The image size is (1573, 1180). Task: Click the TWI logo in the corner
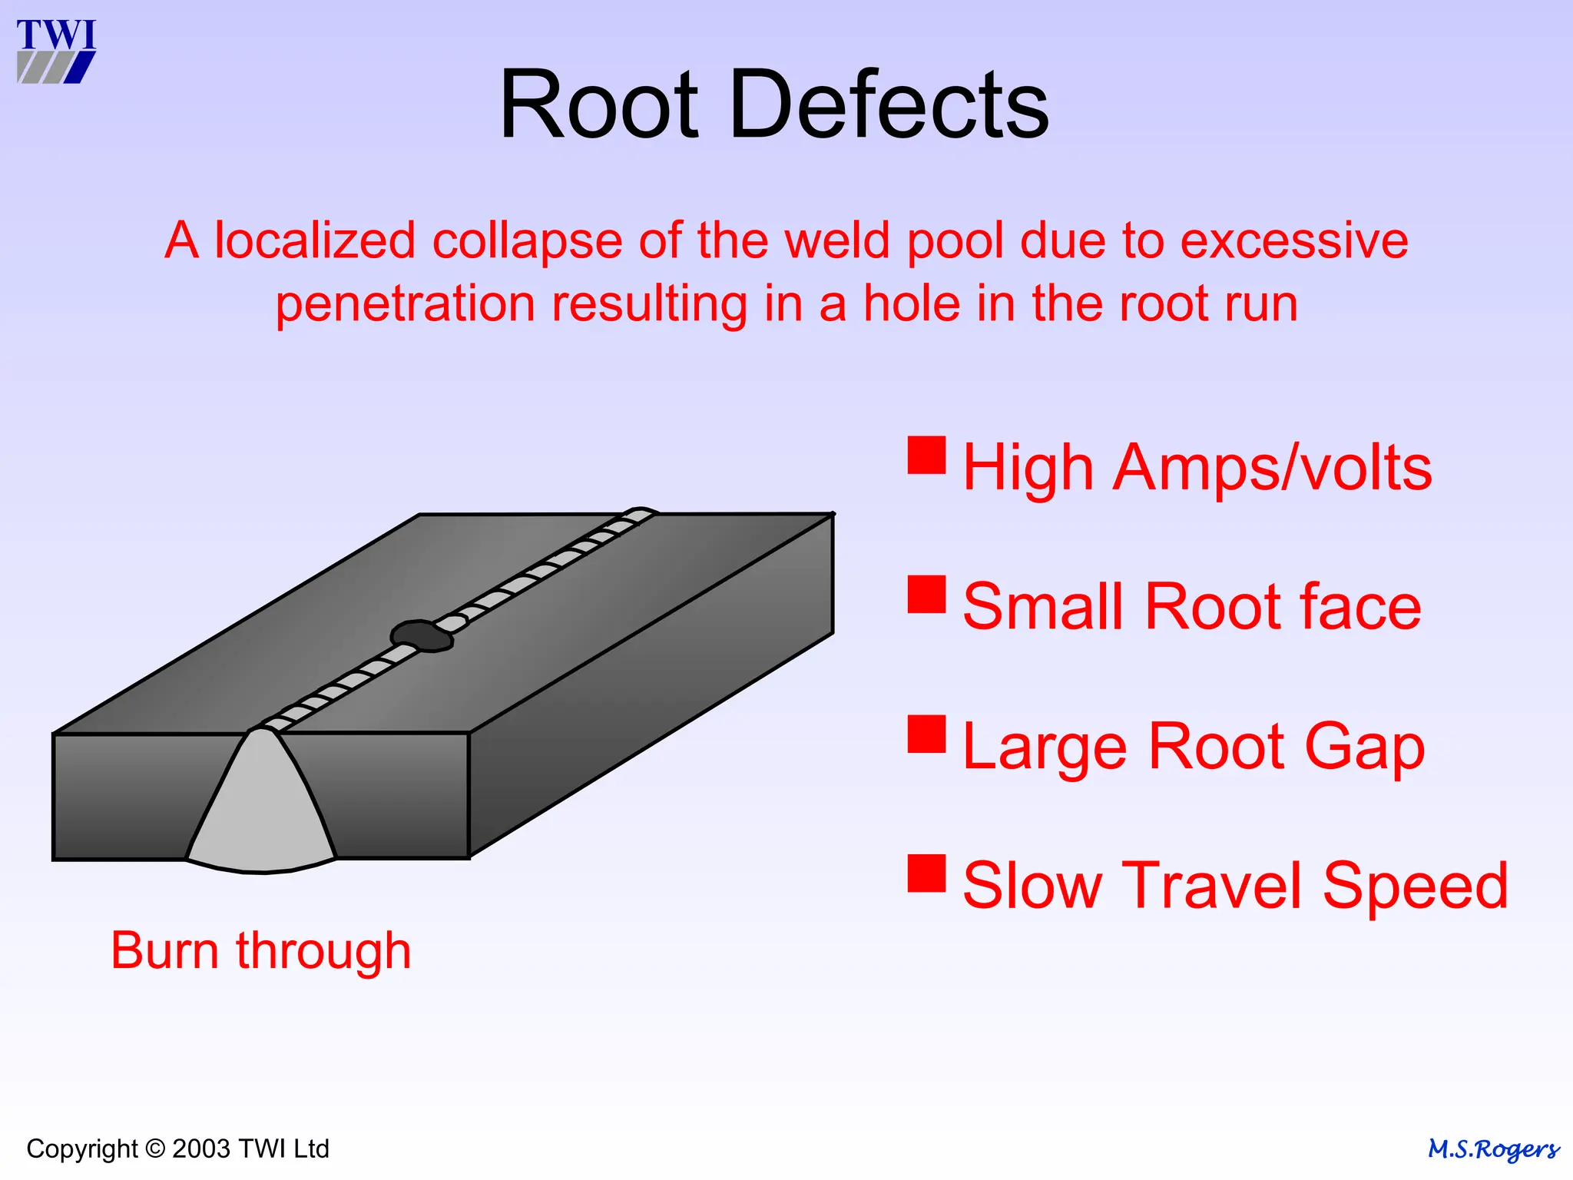(56, 51)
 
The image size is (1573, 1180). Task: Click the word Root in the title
(598, 104)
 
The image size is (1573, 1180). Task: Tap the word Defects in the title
(889, 104)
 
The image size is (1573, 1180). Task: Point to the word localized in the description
(316, 240)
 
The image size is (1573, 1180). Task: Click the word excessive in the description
(1293, 240)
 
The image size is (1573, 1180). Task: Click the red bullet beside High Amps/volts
(926, 455)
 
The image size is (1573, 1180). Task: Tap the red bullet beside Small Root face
(926, 594)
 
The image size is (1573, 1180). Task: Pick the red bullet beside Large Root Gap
(926, 734)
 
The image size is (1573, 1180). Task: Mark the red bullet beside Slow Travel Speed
(926, 873)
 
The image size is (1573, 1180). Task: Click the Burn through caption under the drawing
(261, 951)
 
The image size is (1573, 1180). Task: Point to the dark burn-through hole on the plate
(421, 635)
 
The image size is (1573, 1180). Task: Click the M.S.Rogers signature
(1492, 1149)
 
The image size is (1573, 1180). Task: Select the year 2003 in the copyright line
(201, 1149)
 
